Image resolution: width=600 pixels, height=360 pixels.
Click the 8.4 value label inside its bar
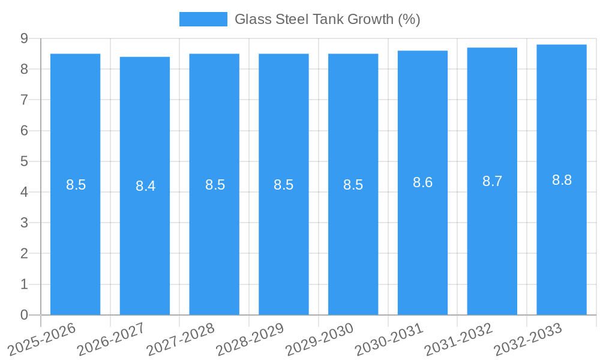(145, 186)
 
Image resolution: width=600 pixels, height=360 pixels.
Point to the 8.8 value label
(562, 180)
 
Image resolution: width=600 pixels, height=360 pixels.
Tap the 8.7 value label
(492, 181)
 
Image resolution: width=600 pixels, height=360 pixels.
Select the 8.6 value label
(422, 183)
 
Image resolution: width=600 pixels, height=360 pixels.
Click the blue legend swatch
(203, 19)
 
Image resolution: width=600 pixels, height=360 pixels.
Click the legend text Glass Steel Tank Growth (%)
(327, 19)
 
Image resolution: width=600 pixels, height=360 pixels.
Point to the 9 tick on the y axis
(24, 38)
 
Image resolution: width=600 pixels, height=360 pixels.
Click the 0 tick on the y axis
(24, 315)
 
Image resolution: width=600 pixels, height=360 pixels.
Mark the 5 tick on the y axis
(24, 161)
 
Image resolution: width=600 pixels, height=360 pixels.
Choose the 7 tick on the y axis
(24, 100)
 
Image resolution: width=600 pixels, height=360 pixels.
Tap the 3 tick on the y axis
(24, 223)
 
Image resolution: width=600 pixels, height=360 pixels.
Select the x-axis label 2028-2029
(250, 339)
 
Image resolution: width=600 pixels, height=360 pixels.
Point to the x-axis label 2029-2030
(320, 339)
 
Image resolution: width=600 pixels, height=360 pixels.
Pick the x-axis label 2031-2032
(459, 339)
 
